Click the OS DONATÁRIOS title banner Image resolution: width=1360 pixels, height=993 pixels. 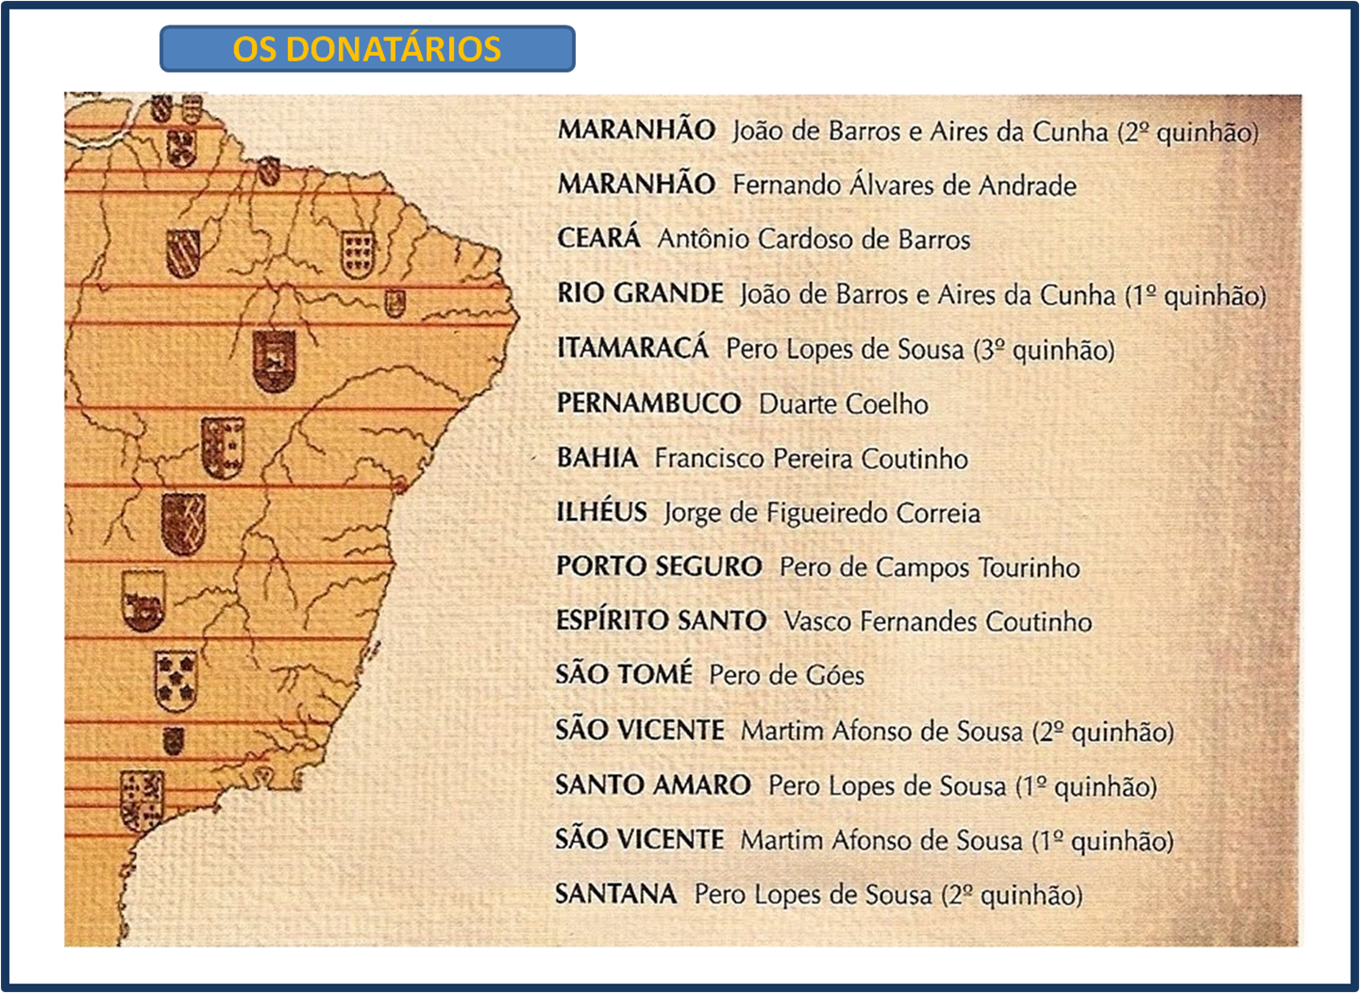pyautogui.click(x=367, y=49)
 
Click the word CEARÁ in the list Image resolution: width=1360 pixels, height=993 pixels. pyautogui.click(x=598, y=238)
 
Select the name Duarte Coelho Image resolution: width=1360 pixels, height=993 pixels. pyautogui.click(x=843, y=404)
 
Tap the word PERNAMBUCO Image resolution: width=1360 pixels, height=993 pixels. pyautogui.click(x=648, y=403)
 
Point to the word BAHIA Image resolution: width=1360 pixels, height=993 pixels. pyautogui.click(x=597, y=458)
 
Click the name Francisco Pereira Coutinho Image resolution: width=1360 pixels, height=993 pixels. pyautogui.click(x=811, y=459)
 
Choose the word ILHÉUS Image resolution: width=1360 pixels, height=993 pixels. pyautogui.click(x=601, y=513)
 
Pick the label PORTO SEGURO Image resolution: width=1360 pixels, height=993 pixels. pyautogui.click(x=659, y=566)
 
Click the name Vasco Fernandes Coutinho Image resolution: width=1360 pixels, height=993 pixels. pyautogui.click(x=937, y=621)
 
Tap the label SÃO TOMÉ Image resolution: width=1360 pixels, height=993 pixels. pyautogui.click(x=624, y=675)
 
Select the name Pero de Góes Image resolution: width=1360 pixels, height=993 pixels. pyautogui.click(x=786, y=676)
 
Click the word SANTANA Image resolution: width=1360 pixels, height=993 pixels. pyautogui.click(x=615, y=894)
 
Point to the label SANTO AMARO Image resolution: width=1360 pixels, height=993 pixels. pyautogui.click(x=652, y=785)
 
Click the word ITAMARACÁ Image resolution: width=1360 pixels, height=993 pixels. pyautogui.click(x=632, y=348)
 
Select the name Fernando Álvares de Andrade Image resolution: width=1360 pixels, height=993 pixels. pyautogui.click(x=904, y=185)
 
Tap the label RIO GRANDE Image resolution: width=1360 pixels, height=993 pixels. pyautogui.click(x=640, y=294)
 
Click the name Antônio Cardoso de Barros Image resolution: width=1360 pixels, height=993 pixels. pyautogui.click(x=814, y=240)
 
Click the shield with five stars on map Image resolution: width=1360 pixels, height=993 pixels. pyautogui.click(x=176, y=680)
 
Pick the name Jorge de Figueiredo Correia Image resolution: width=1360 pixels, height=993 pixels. pyautogui.click(x=821, y=513)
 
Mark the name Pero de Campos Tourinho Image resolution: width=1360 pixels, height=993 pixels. pyautogui.click(x=930, y=567)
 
